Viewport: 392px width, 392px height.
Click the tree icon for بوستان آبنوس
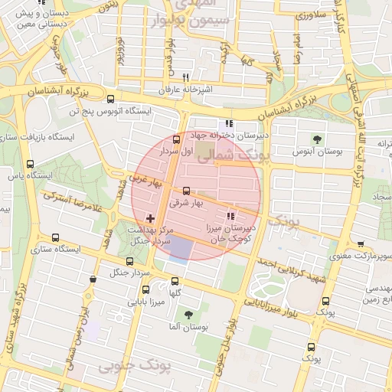coord(317,139)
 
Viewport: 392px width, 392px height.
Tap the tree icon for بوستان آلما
coord(188,314)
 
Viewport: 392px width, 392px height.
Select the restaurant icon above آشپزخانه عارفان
coord(185,78)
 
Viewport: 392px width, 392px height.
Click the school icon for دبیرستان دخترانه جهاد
coord(227,123)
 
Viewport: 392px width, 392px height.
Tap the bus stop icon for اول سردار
coord(178,139)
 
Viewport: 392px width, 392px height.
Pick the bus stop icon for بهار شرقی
coord(186,191)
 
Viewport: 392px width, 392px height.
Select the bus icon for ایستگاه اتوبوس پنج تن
coord(112,99)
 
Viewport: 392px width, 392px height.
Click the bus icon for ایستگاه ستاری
coord(54,237)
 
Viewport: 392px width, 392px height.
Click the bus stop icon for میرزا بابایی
coord(147,290)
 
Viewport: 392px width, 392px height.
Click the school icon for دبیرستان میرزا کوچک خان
coord(232,216)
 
